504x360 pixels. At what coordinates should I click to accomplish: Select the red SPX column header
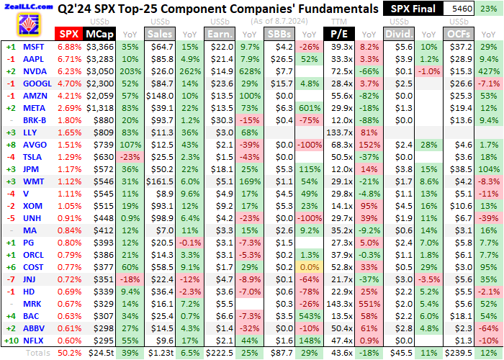pos(68,34)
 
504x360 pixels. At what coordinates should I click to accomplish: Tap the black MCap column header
pos(98,34)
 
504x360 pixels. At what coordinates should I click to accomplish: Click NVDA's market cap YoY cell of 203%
pos(130,71)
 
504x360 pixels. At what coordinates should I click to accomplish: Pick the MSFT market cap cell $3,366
pos(100,47)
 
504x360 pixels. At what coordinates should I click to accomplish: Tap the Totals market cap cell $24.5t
pos(100,354)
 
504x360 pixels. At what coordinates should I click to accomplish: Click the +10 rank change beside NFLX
pos(10,341)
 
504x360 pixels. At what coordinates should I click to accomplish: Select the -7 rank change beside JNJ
pos(10,279)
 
